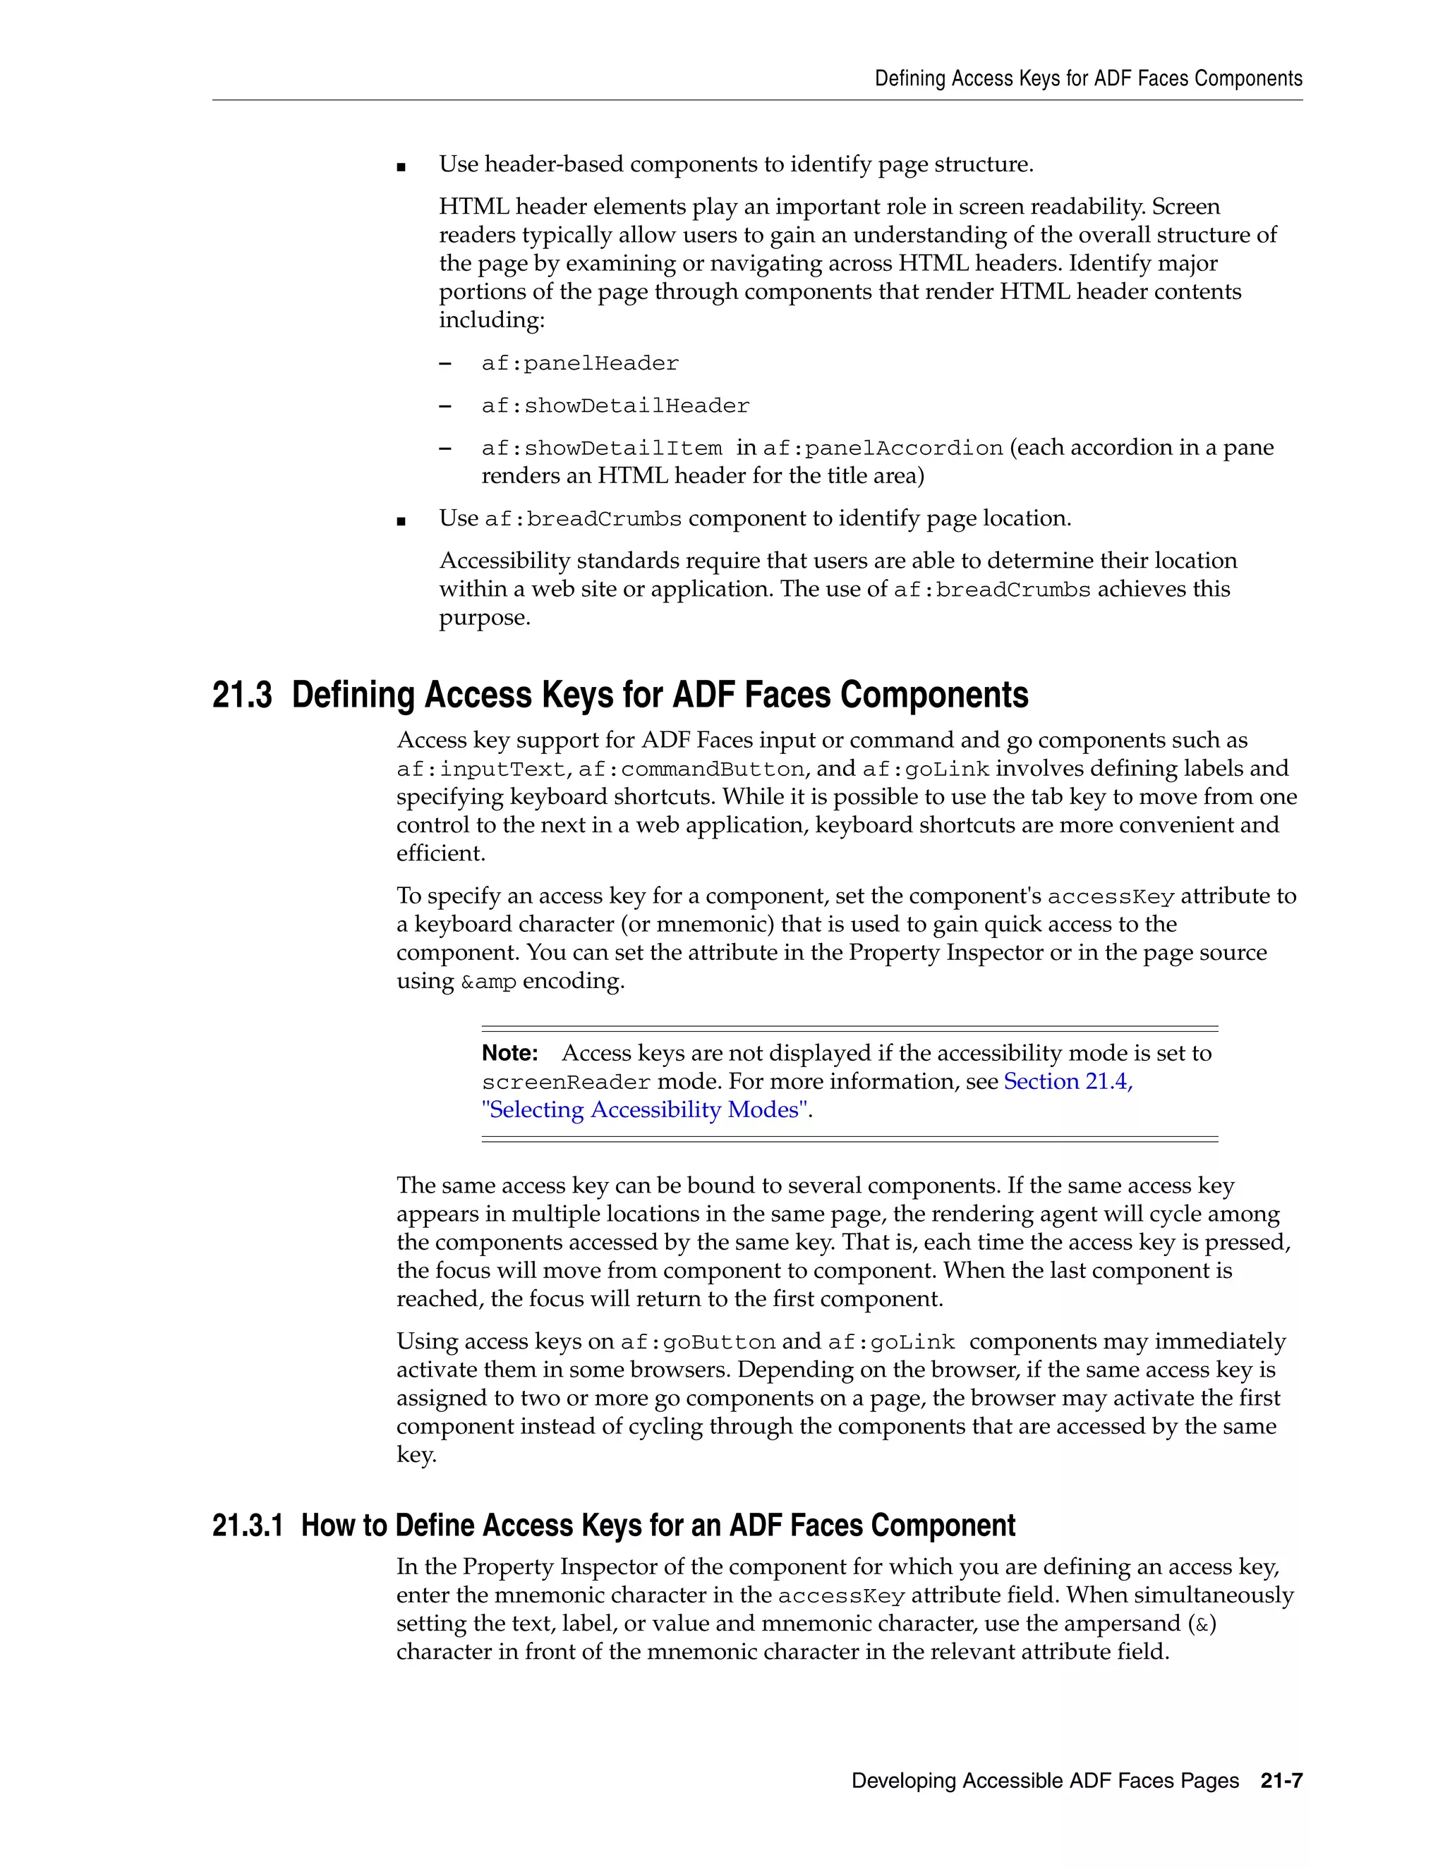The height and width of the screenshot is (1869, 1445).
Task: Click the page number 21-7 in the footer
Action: pyautogui.click(x=1281, y=1781)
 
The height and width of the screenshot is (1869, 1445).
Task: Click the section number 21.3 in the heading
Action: pyautogui.click(x=241, y=695)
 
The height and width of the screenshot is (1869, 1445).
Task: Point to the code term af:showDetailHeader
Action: pyautogui.click(x=615, y=406)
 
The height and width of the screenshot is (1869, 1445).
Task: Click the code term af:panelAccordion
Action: pyautogui.click(x=882, y=449)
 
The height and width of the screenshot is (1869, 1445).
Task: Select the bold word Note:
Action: pyautogui.click(x=509, y=1052)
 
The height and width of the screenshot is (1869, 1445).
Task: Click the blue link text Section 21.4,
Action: pyautogui.click(x=1068, y=1082)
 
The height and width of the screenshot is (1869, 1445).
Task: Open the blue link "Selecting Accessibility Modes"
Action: pyautogui.click(x=646, y=1110)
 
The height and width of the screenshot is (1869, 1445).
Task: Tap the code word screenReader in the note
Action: pyautogui.click(x=566, y=1083)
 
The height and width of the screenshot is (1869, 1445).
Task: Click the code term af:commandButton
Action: pyautogui.click(x=691, y=769)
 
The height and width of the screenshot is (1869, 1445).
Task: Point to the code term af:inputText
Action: pyautogui.click(x=481, y=769)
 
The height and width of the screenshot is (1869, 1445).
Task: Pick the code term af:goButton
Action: pyautogui.click(x=698, y=1342)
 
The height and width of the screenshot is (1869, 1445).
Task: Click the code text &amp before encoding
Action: pyautogui.click(x=488, y=982)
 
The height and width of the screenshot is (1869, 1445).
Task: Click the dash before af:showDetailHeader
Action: pyautogui.click(x=445, y=406)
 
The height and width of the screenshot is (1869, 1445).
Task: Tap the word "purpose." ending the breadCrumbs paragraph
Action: pyautogui.click(x=485, y=618)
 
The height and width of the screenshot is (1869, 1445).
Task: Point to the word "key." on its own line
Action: pyautogui.click(x=416, y=1455)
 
